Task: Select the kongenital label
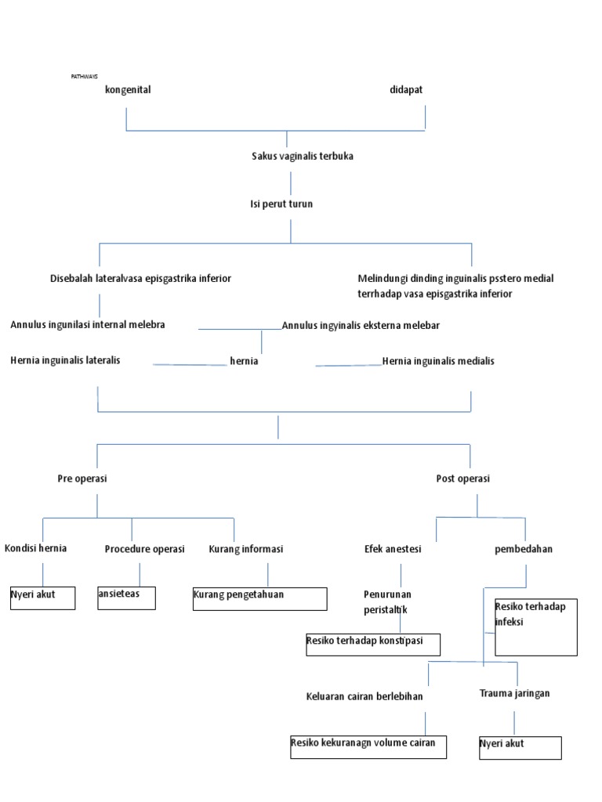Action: tap(128, 89)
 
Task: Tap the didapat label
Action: tap(406, 89)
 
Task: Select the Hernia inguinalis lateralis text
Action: tap(66, 360)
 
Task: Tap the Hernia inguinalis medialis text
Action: tap(438, 361)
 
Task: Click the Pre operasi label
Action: tap(82, 479)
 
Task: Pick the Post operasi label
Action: tap(462, 479)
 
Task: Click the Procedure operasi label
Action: tap(144, 549)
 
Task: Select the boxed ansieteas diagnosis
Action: tap(126, 598)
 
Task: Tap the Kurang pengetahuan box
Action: tap(259, 598)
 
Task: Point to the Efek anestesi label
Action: tap(393, 549)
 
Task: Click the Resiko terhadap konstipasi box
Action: tap(372, 645)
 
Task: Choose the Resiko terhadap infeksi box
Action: tap(535, 627)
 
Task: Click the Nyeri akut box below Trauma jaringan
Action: tap(520, 748)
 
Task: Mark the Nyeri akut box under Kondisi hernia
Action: tap(42, 598)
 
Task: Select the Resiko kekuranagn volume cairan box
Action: tap(368, 747)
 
